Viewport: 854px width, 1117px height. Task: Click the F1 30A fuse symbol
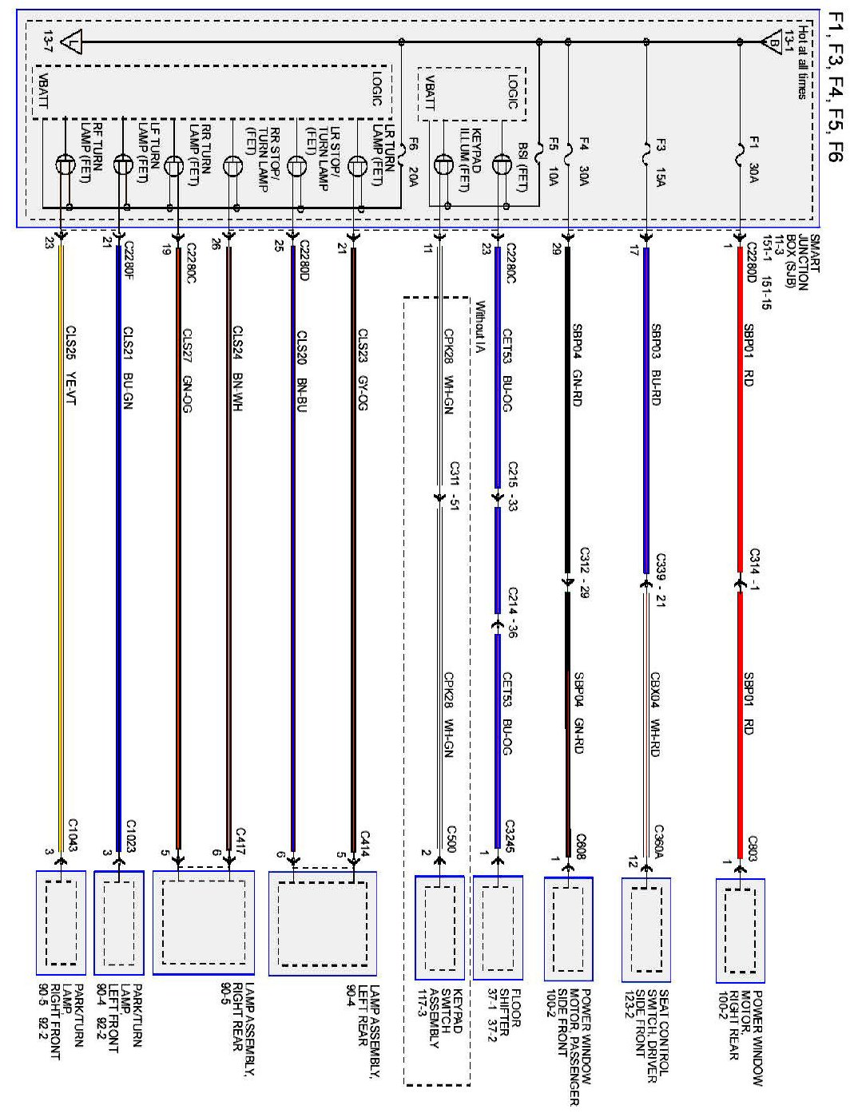tap(741, 152)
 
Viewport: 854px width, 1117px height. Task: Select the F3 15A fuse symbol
tap(646, 152)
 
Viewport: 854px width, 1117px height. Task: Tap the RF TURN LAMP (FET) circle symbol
tap(65, 165)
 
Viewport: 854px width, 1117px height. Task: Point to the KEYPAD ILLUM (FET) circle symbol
tap(443, 165)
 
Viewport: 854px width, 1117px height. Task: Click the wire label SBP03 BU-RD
tap(656, 364)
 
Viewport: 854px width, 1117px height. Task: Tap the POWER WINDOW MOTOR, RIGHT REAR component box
tap(740, 929)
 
